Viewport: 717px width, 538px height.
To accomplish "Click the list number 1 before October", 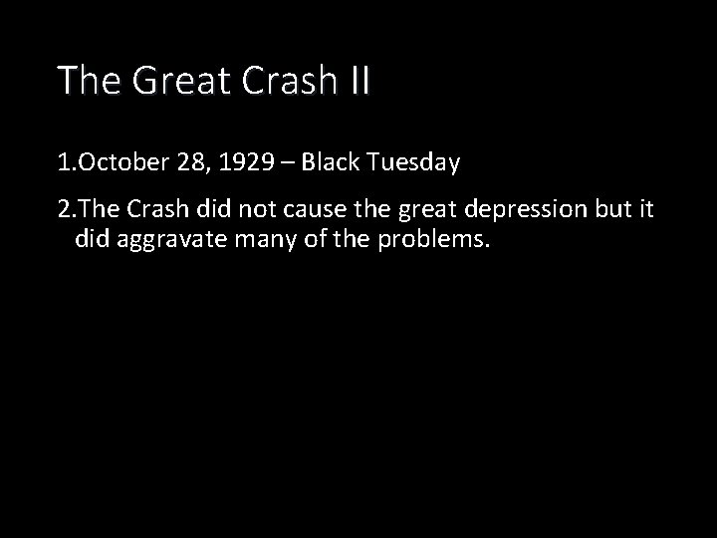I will pyautogui.click(x=63, y=163).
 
